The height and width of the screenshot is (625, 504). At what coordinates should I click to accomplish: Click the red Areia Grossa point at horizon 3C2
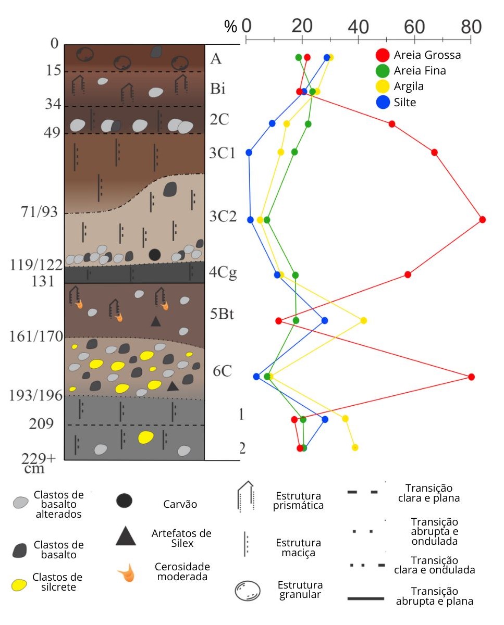482,220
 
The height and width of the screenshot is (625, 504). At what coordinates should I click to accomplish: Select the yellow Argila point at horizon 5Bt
363,321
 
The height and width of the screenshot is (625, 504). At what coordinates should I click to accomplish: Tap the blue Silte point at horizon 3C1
249,153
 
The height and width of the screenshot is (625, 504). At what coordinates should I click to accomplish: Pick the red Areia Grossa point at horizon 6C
472,377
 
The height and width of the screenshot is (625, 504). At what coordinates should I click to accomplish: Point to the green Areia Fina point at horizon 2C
308,124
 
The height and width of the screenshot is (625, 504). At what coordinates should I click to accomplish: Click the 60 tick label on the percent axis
414,27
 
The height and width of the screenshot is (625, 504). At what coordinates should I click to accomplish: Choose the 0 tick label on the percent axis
247,26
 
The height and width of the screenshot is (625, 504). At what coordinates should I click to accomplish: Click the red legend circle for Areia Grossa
383,55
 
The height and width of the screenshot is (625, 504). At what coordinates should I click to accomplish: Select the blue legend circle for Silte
383,102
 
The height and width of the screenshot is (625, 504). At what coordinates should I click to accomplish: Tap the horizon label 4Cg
223,273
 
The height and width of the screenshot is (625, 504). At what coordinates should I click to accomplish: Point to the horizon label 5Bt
222,314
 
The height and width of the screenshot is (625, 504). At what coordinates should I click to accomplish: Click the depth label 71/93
39,212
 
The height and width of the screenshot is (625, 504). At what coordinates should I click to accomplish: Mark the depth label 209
41,424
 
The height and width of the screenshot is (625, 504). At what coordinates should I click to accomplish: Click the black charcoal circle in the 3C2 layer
155,255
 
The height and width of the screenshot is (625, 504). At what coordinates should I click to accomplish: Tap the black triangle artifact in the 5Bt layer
156,321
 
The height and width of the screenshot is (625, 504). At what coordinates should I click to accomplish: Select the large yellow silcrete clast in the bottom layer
145,437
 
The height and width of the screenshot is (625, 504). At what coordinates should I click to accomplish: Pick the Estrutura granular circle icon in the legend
248,590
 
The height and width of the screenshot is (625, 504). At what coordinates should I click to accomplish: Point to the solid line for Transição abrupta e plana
366,598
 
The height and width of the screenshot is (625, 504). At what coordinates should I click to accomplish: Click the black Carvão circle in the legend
124,501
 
